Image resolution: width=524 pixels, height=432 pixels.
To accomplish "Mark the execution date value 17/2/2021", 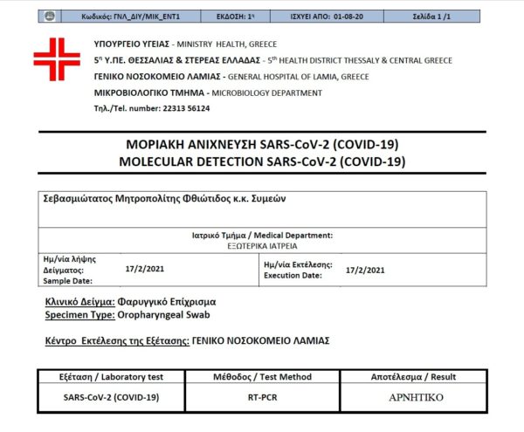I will [365, 270].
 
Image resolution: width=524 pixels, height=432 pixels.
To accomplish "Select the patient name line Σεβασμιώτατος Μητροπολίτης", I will [165, 198].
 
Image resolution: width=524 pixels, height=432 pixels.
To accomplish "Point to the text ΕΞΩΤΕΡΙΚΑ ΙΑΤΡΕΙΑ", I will [262, 246].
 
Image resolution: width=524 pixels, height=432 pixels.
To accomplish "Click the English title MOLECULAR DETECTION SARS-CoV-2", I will [262, 161].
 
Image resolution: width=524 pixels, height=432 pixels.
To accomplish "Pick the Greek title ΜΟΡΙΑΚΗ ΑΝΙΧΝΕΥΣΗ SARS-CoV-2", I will [262, 145].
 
